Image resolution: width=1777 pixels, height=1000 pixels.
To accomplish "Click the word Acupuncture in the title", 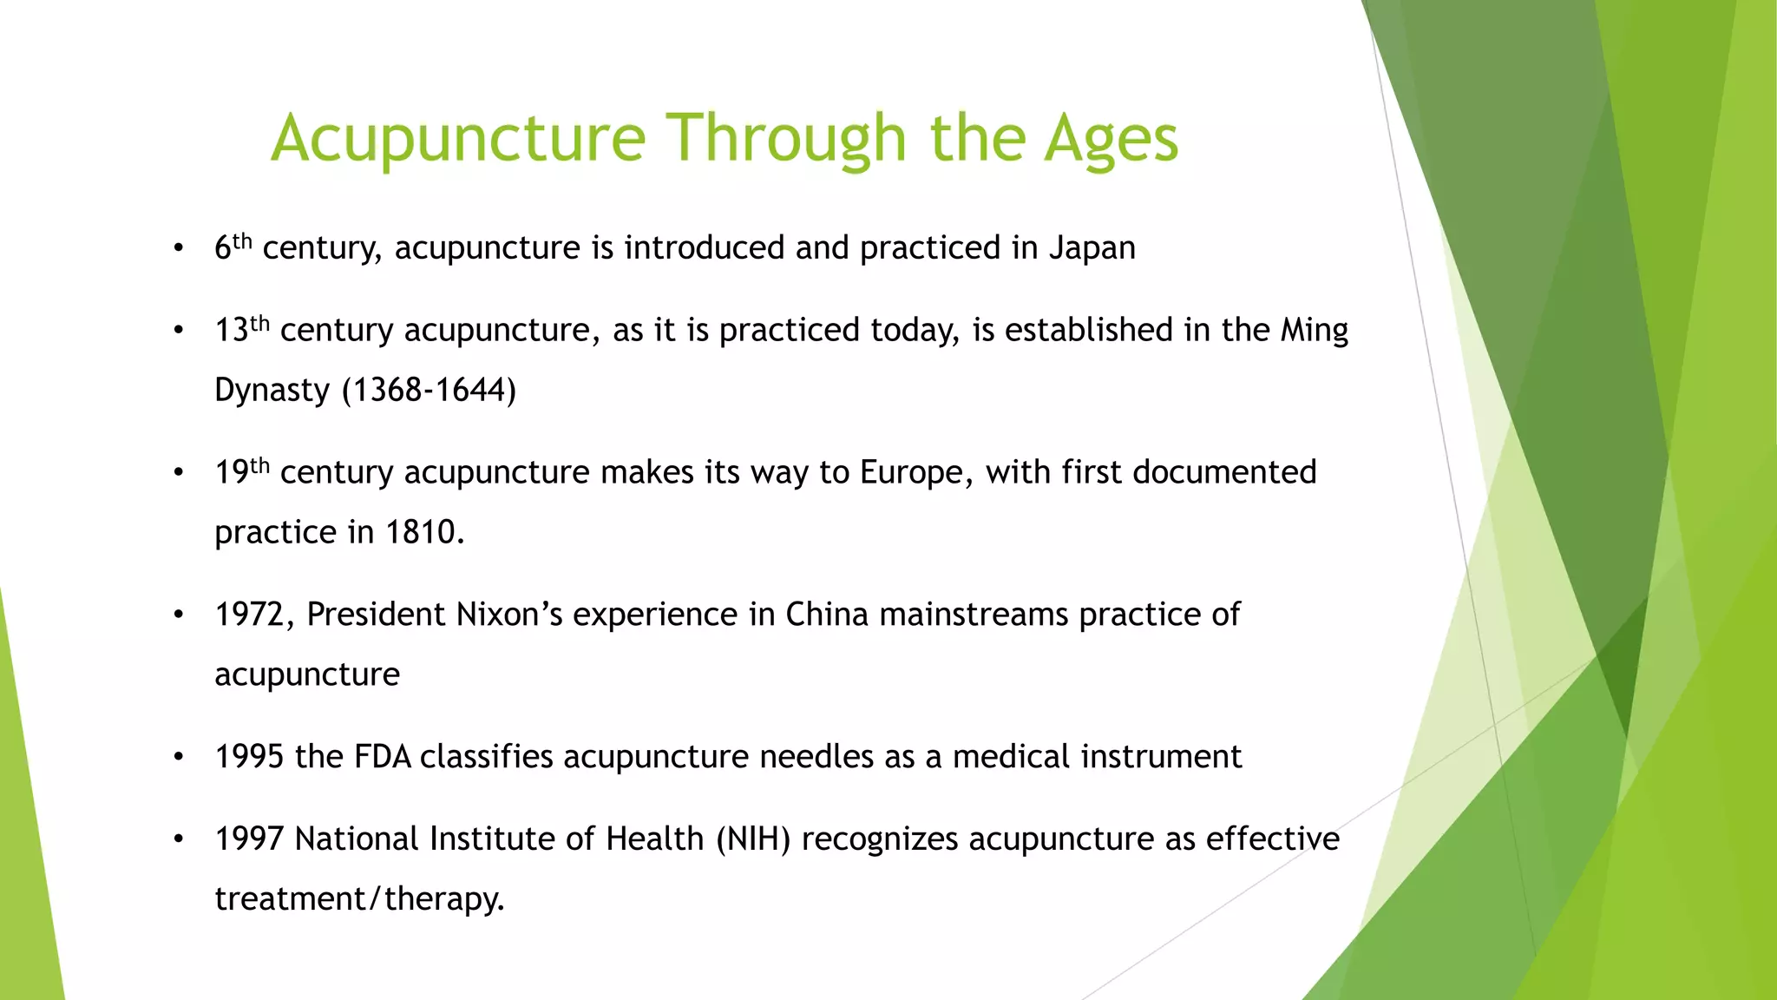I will pyautogui.click(x=458, y=139).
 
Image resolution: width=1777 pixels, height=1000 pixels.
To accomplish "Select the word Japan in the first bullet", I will pyautogui.click(x=1092, y=248).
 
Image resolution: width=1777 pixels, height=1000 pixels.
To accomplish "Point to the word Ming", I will pyautogui.click(x=1314, y=330).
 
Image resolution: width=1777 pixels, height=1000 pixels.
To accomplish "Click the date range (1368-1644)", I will pyautogui.click(x=429, y=390).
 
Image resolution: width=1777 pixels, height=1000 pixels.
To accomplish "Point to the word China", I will pyautogui.click(x=826, y=615).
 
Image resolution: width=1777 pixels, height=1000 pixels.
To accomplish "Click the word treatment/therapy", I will pyautogui.click(x=359, y=899).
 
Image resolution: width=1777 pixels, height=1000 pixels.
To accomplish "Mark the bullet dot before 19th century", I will pyautogui.click(x=179, y=473).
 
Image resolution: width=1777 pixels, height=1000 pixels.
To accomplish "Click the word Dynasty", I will pyautogui.click(x=272, y=390).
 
